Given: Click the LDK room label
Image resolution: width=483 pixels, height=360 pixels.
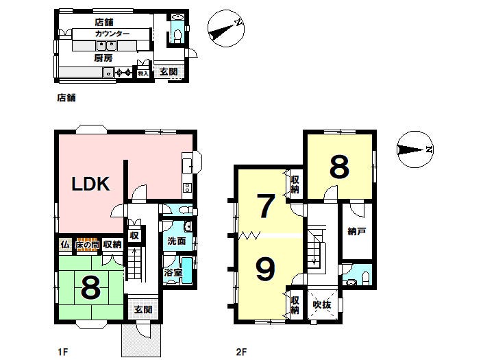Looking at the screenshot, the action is tap(90, 184).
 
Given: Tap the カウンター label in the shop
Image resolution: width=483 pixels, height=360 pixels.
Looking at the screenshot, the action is tap(112, 34).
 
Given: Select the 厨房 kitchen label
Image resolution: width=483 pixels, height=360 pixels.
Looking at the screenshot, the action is tap(103, 58).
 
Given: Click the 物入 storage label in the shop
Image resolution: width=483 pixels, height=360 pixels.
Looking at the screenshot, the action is tap(143, 73).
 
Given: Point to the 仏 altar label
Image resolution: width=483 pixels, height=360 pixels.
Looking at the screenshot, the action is tap(64, 245).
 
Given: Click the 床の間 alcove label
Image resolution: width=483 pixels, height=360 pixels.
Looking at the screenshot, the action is tap(88, 245).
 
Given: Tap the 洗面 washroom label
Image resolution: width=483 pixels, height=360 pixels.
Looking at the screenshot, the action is tap(177, 241).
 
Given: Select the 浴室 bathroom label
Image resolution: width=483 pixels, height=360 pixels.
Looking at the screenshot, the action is tap(173, 272).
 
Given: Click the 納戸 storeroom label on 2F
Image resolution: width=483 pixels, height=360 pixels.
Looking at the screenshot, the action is tap(357, 231).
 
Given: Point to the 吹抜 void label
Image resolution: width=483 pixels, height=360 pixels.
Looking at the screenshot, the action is tap(322, 304).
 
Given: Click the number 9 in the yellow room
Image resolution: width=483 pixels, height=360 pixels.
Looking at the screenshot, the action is tap(266, 269).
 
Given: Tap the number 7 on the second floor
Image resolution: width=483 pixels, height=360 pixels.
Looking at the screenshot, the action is tap(266, 206).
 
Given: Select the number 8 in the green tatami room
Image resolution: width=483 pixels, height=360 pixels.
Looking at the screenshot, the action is tap(90, 287).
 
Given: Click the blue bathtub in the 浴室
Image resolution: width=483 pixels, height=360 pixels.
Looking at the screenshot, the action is tap(187, 271).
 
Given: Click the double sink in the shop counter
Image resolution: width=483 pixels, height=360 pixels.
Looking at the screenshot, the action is tap(106, 46).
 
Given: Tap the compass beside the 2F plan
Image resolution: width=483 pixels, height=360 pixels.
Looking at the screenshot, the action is tap(415, 149).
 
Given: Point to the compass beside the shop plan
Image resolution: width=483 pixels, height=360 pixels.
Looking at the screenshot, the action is tap(226, 29).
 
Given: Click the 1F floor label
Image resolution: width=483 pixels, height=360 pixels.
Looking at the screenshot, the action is tap(63, 352).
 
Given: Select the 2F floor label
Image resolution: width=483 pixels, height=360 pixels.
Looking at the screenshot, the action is tap(241, 352).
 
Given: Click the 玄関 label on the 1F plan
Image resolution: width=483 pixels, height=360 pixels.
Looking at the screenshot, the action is tap(144, 309).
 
